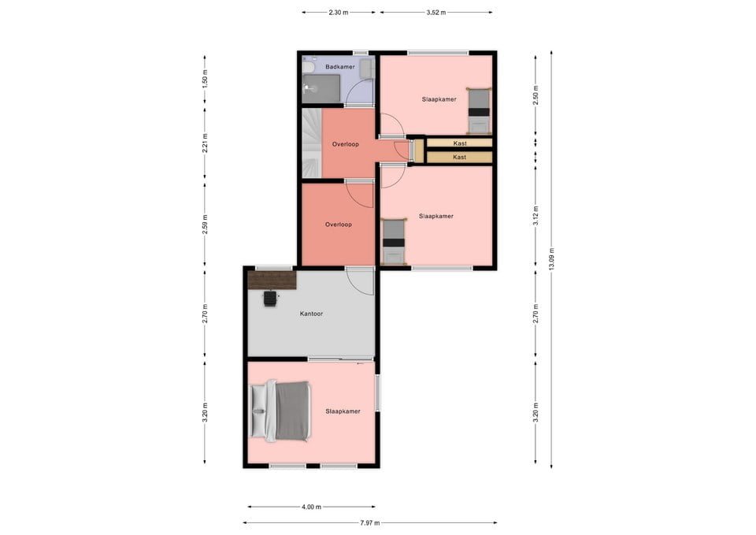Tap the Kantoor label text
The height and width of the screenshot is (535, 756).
311,314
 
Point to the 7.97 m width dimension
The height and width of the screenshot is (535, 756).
370,522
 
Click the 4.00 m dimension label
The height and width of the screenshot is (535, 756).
311,507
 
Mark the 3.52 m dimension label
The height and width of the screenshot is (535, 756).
436,13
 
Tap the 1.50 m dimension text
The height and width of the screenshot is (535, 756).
205,80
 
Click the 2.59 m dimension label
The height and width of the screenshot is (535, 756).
205,224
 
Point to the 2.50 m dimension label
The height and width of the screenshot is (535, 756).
535,95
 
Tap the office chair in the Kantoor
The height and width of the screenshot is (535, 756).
270,298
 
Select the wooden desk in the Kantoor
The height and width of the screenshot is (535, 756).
272,280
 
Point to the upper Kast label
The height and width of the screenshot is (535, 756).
460,143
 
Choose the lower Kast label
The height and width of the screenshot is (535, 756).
460,157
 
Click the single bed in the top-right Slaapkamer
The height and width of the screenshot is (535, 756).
478,111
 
